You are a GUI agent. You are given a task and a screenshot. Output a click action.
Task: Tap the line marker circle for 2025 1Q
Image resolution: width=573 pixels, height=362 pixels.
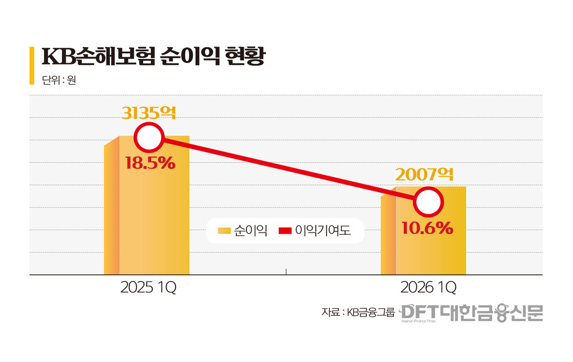[149, 138]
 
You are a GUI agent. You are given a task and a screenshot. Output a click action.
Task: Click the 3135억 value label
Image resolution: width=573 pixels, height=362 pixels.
[149, 113]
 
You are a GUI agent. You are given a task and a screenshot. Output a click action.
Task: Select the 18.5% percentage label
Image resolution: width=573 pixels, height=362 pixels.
[150, 163]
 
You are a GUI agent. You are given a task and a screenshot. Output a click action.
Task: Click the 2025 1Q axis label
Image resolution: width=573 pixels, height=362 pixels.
[148, 287]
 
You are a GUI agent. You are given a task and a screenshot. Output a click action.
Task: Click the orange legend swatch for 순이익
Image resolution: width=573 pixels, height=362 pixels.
[224, 231]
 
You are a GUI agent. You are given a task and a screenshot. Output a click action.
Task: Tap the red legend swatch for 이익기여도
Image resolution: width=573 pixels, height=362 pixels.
[285, 231]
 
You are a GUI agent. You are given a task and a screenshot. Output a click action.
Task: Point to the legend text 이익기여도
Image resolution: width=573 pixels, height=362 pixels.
[323, 231]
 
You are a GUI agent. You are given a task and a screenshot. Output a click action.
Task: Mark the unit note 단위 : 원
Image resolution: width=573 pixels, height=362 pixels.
[59, 80]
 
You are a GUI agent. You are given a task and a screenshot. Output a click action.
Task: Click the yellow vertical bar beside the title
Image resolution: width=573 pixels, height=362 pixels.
[32, 66]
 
